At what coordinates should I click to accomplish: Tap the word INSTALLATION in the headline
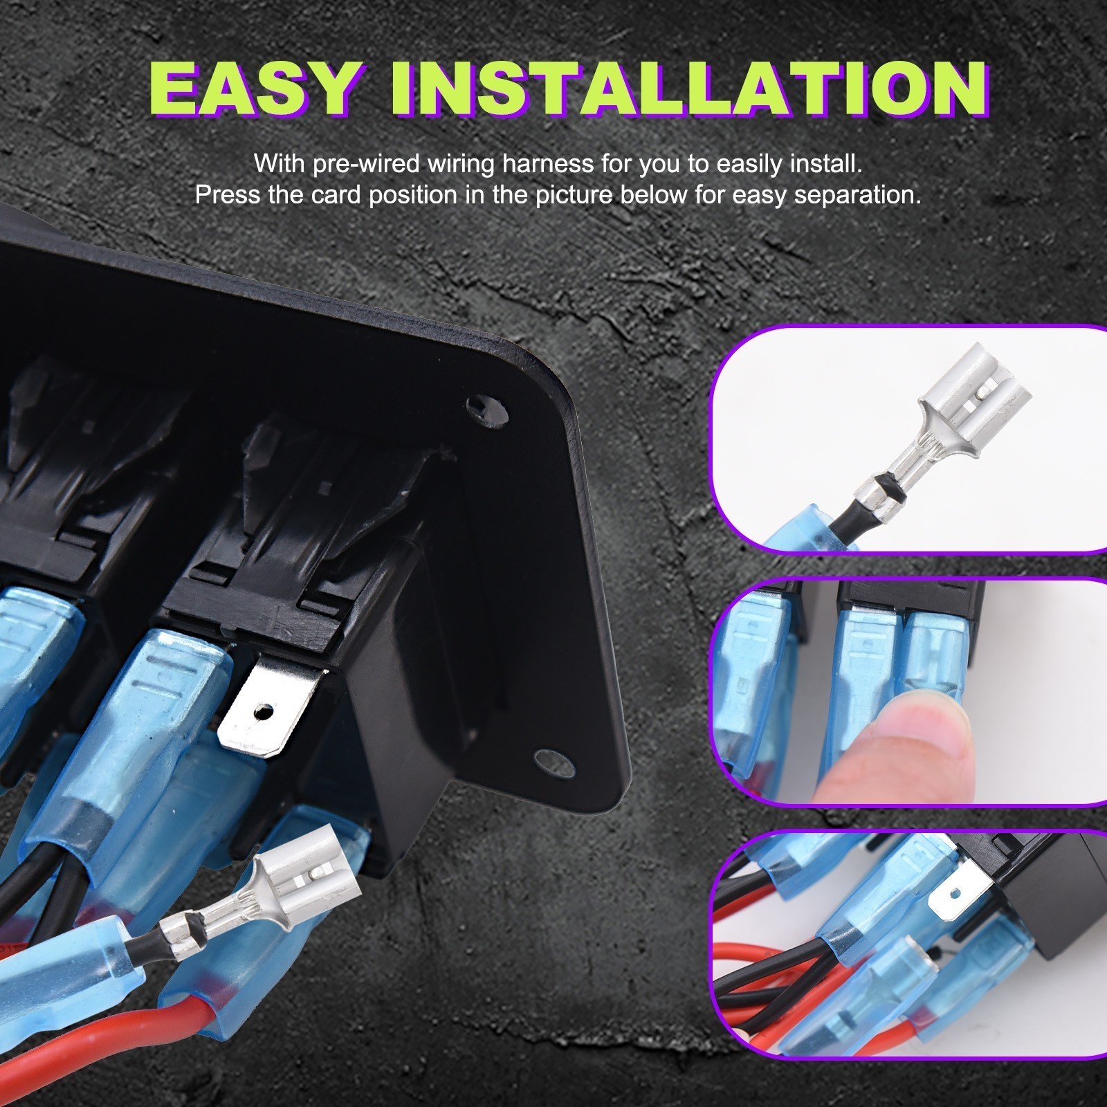pyautogui.click(x=688, y=90)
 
